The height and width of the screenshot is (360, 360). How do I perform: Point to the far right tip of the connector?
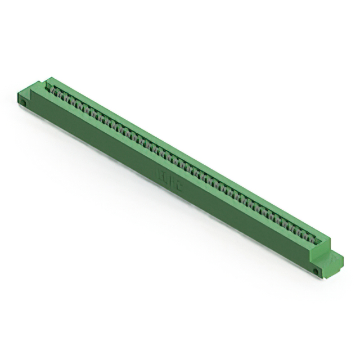pos(343,260)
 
